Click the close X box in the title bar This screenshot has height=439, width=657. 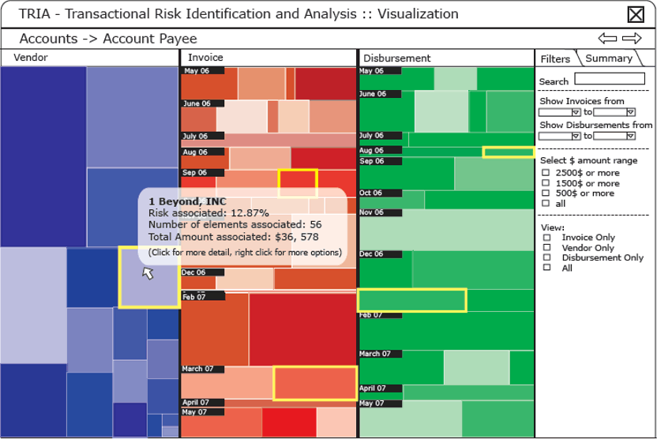636,14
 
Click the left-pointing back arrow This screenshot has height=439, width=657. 607,38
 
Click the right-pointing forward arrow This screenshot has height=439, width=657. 632,38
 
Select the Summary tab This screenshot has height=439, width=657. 609,58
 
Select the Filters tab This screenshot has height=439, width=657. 555,59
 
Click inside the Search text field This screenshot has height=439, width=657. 610,79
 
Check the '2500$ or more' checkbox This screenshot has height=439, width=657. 546,173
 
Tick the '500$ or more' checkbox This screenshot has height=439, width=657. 546,193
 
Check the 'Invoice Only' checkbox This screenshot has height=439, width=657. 546,237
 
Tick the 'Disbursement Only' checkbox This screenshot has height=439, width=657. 546,257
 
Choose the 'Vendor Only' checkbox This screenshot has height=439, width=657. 546,247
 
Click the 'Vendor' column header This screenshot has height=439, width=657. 31,58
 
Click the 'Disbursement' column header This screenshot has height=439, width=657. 397,58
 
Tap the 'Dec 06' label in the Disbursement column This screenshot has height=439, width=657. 373,254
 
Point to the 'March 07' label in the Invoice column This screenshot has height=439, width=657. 198,369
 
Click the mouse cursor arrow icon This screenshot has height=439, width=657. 147,273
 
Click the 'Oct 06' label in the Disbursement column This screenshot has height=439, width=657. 371,193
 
